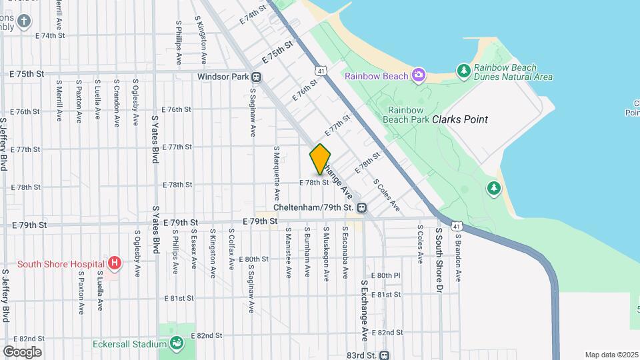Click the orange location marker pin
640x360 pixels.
coord(320,159)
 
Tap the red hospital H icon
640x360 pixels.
coord(115,263)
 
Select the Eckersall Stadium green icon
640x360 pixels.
coord(177,344)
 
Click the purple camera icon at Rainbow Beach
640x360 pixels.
coord(418,74)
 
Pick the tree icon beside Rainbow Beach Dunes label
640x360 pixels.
coord(464,70)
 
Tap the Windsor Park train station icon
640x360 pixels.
coord(257,77)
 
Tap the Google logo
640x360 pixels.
coord(22,351)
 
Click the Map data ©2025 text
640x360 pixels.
coord(611,355)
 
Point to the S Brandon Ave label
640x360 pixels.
coord(459,254)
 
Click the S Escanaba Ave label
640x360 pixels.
coord(345,253)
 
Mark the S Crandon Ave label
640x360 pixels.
coord(116,103)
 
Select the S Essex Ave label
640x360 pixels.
coord(193,250)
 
